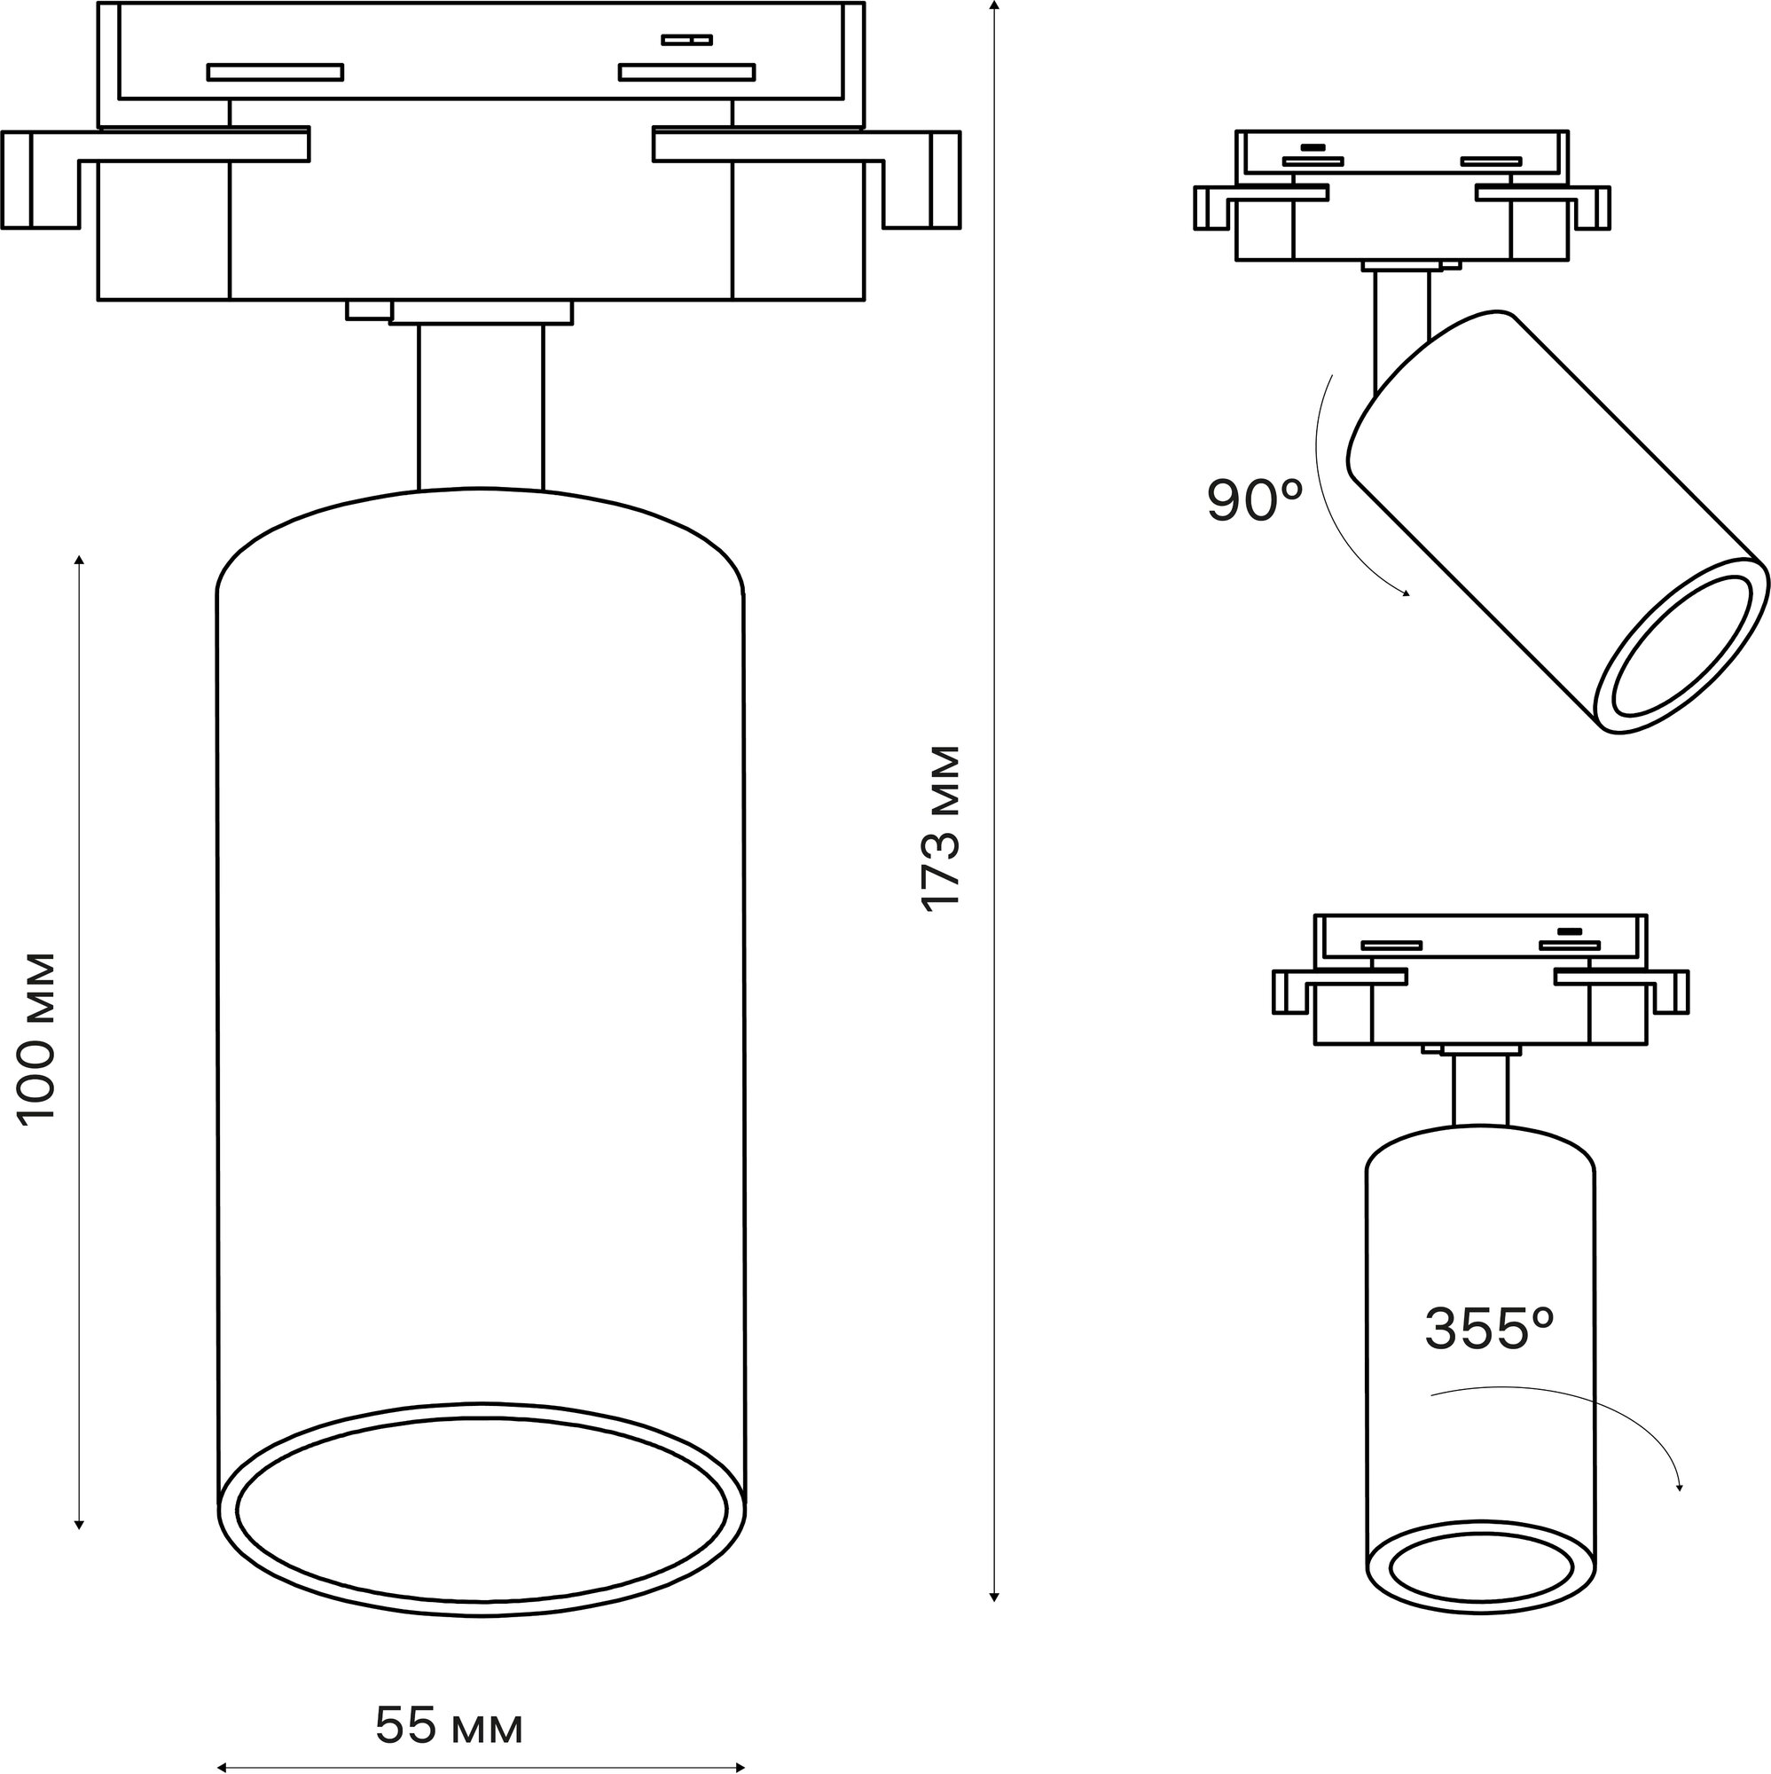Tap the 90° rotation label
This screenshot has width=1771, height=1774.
1254,500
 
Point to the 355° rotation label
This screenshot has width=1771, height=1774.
1488,1330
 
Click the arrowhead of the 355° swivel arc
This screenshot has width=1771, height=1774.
1679,1488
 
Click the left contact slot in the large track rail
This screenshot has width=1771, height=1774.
275,73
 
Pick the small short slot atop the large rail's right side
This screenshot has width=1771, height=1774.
686,41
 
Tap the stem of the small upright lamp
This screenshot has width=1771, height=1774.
1479,1090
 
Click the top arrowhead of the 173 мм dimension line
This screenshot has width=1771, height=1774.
993,7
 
